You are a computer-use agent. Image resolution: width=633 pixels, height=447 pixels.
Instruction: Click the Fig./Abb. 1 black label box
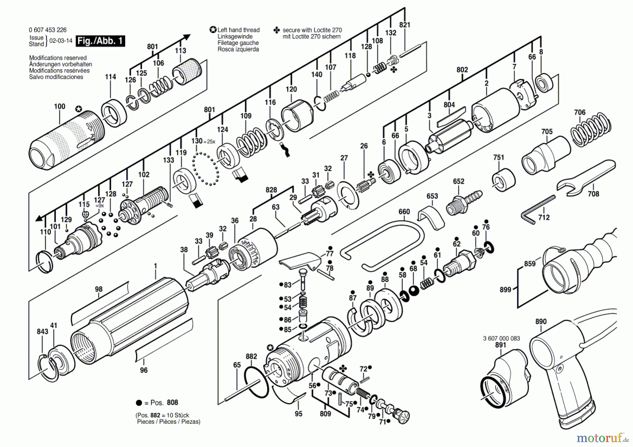(101, 41)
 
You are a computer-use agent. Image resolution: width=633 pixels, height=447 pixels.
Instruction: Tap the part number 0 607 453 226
(47, 30)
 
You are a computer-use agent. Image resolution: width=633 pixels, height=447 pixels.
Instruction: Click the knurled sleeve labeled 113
(187, 71)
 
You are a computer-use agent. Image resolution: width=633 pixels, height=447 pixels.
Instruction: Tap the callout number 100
(59, 106)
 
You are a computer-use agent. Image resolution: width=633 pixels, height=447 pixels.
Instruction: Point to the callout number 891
(500, 345)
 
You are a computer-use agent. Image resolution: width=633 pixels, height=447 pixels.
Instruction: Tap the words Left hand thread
(238, 30)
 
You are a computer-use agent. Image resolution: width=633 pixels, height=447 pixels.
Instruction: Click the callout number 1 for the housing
(155, 266)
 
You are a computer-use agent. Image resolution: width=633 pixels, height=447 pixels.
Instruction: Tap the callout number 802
(462, 70)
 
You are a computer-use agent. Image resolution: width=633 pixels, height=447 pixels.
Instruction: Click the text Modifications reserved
(58, 58)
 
